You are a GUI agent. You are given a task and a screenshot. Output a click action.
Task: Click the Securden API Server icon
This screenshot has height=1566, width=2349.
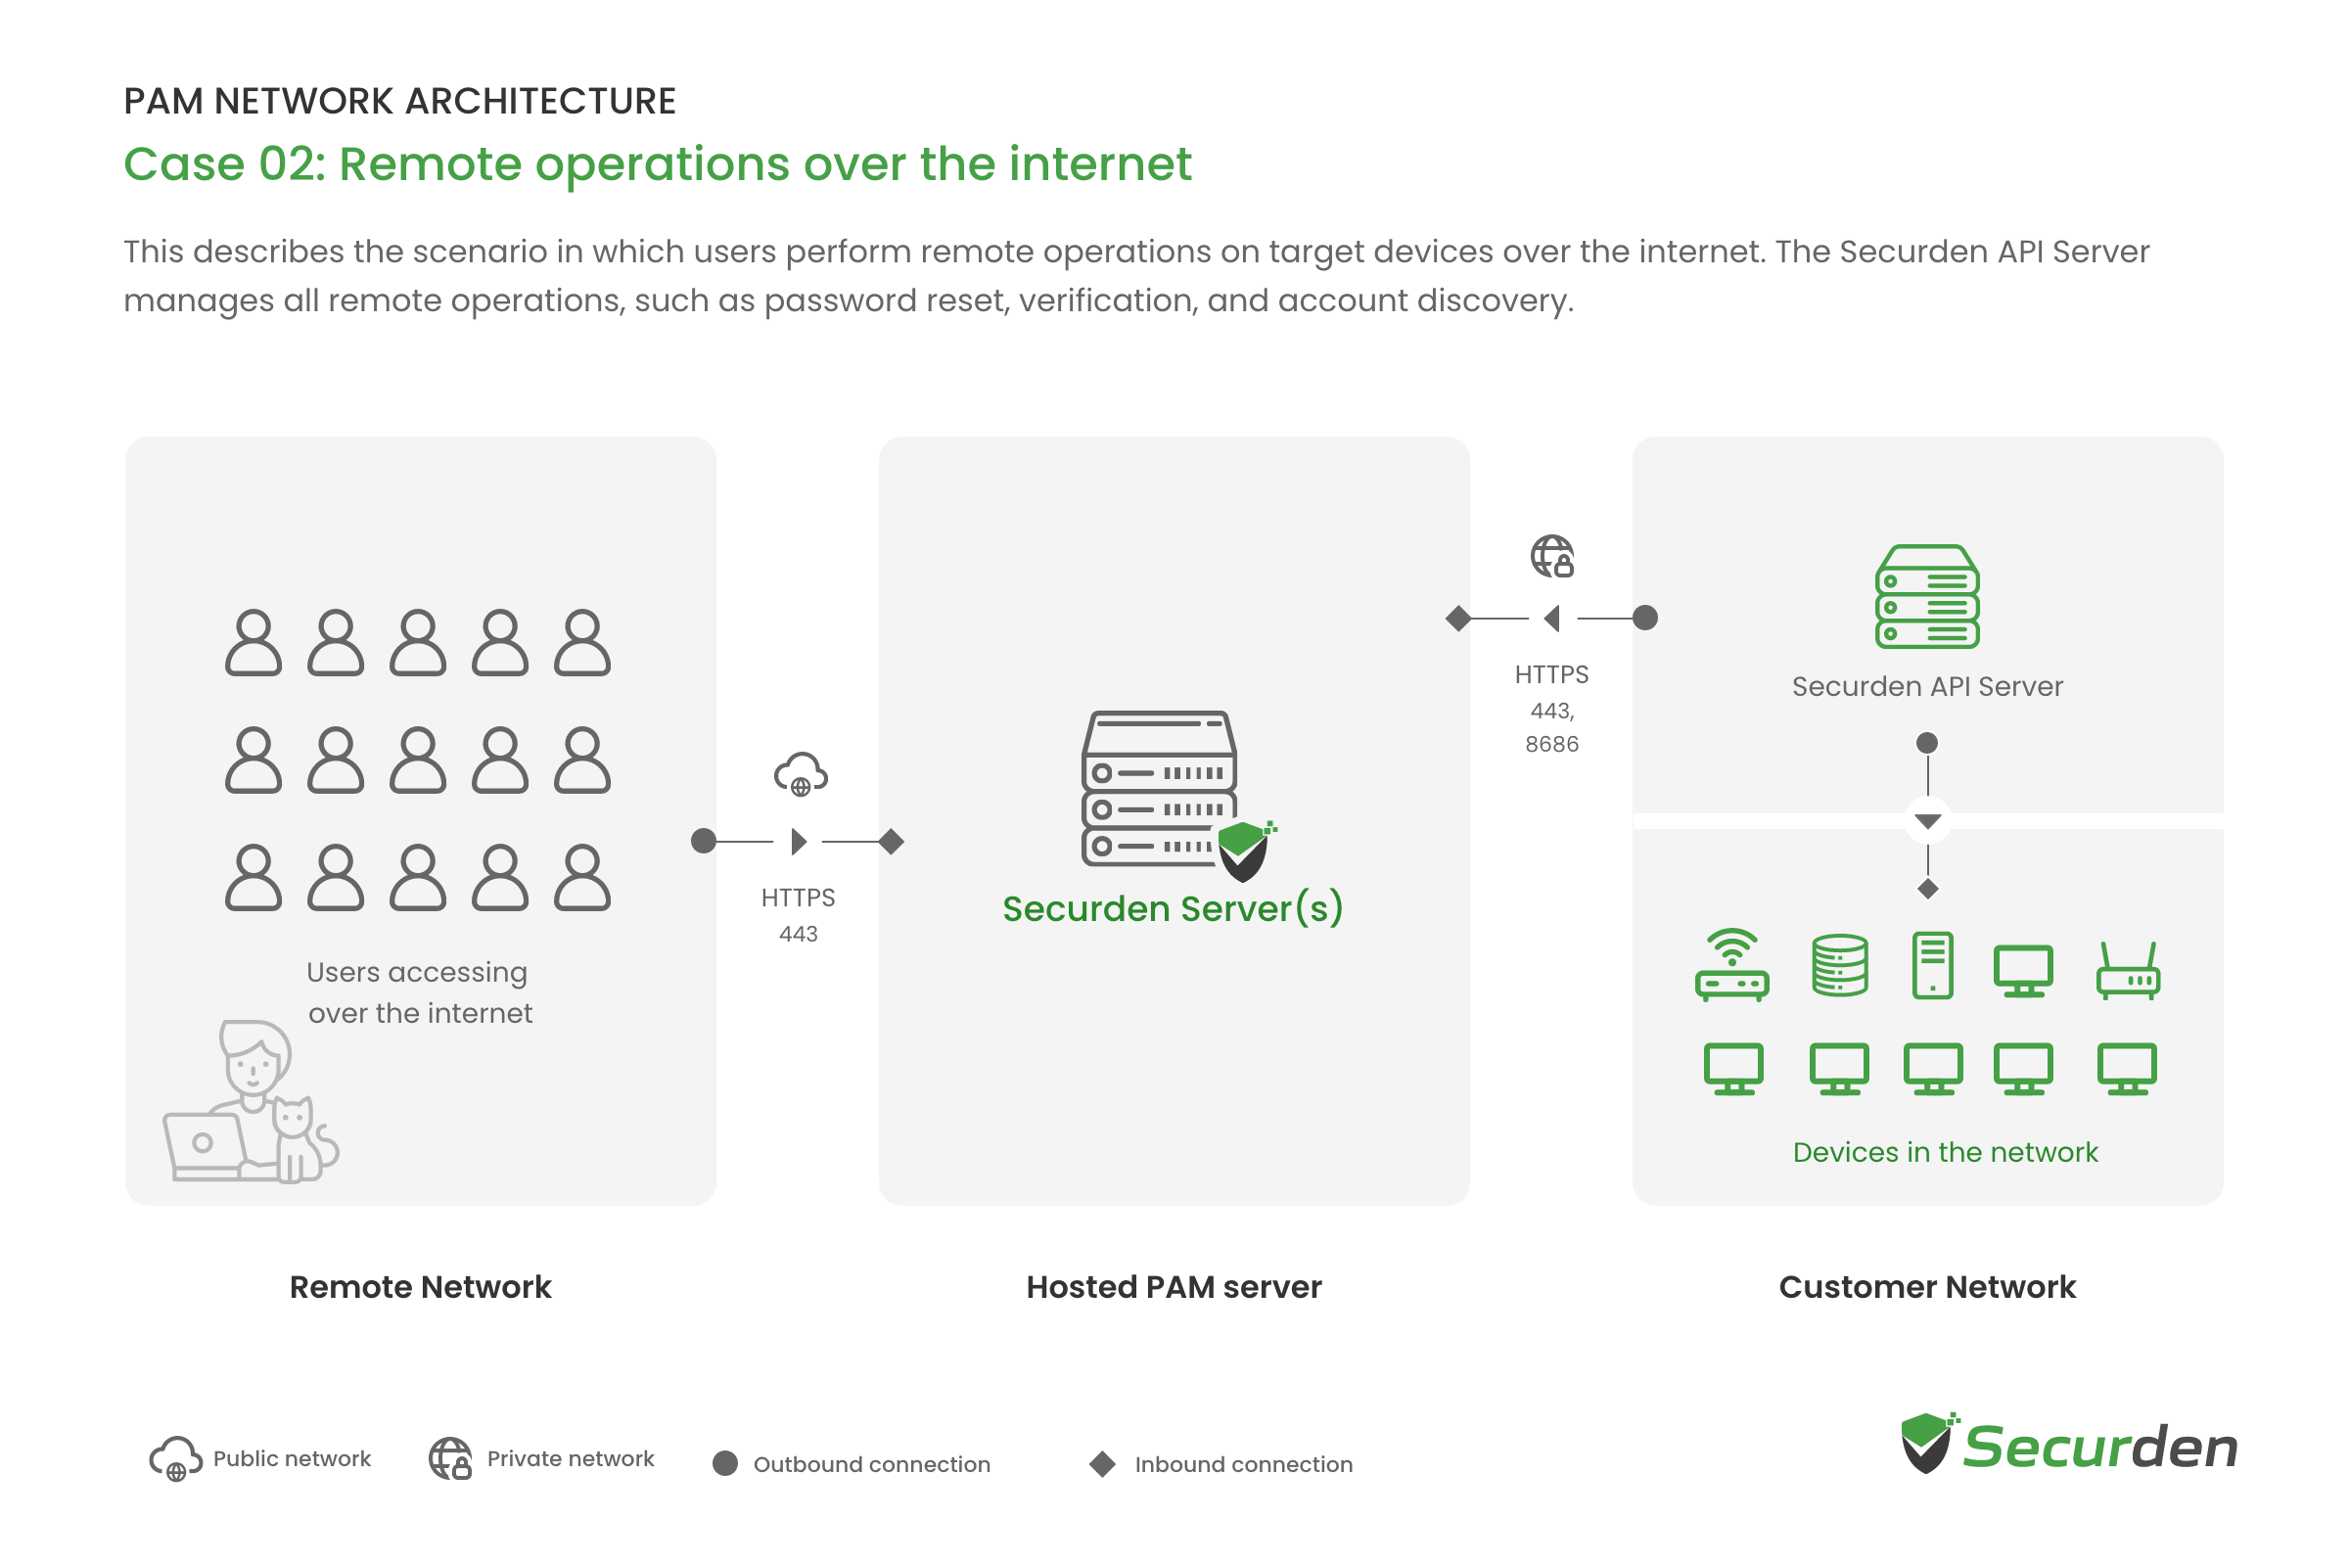(x=1927, y=596)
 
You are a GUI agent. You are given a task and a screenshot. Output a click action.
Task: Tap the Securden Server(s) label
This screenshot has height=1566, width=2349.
(x=1173, y=909)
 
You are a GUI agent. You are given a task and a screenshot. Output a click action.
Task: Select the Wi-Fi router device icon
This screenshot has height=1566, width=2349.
(x=1731, y=965)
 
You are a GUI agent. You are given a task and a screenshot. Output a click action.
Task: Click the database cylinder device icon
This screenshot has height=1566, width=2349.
(x=1840, y=965)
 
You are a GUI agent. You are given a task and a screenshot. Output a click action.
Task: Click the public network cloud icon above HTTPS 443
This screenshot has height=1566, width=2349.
(x=801, y=775)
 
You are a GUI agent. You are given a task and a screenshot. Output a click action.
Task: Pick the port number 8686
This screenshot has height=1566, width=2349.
(x=1552, y=744)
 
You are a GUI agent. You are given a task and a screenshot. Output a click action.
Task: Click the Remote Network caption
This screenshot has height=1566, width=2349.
(x=421, y=1287)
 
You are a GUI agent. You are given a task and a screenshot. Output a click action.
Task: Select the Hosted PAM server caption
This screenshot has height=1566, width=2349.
(x=1174, y=1287)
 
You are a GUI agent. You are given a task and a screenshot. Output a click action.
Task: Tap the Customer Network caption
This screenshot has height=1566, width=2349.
(x=1927, y=1287)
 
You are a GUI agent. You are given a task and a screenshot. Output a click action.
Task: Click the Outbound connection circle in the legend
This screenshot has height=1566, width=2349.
(x=725, y=1464)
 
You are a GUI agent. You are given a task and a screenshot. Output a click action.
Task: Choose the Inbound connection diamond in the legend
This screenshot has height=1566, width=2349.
(x=1103, y=1464)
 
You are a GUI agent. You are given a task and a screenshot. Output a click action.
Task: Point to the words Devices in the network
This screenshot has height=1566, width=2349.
(x=1946, y=1153)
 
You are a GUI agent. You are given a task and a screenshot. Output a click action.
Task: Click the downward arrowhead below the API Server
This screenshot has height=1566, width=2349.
(x=1927, y=822)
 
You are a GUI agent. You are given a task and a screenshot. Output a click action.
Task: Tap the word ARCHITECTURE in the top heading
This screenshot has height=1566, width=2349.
(x=540, y=101)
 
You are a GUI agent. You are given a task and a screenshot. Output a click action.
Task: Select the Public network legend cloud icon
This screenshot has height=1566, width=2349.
(x=176, y=1459)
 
